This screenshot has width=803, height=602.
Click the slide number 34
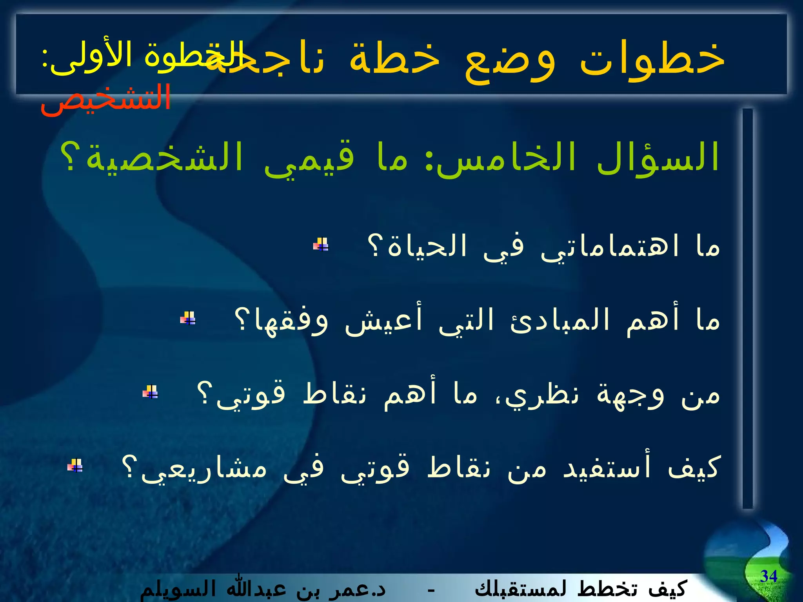tap(768, 576)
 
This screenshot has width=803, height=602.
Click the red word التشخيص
tap(106, 100)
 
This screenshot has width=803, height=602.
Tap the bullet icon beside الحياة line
tap(321, 245)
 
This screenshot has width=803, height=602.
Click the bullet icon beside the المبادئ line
tap(188, 318)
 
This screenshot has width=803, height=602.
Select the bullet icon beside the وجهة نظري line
tap(150, 392)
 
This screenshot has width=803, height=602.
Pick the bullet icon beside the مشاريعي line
tap(75, 465)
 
